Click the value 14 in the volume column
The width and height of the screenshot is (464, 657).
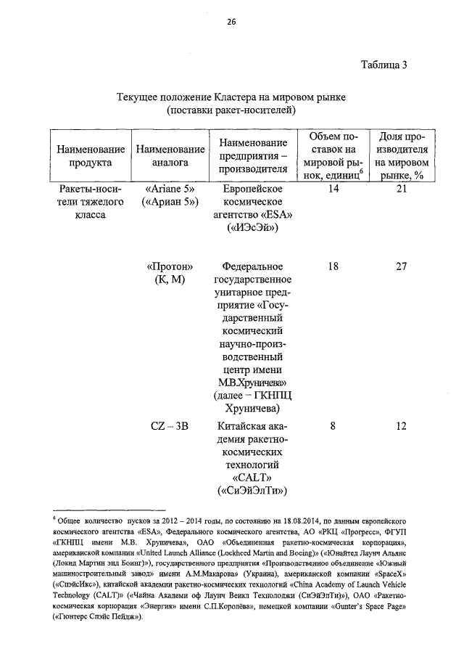point(333,189)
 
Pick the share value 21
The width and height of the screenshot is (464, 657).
point(401,189)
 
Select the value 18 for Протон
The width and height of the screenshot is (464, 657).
point(333,266)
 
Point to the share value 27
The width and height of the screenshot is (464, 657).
point(401,266)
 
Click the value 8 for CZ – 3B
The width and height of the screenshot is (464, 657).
point(333,426)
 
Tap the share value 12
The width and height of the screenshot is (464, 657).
point(401,426)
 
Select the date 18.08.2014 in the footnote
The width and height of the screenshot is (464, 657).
point(286,521)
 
